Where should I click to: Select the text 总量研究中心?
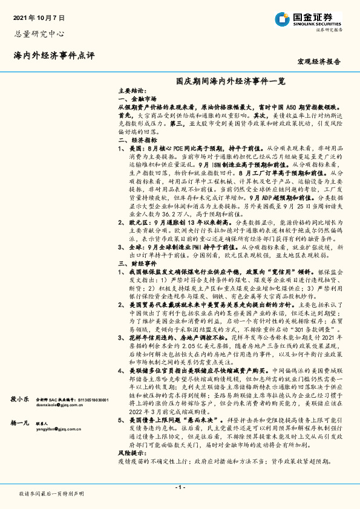click(x=39, y=34)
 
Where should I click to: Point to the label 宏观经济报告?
click(x=319, y=61)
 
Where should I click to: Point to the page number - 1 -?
click(x=179, y=487)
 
